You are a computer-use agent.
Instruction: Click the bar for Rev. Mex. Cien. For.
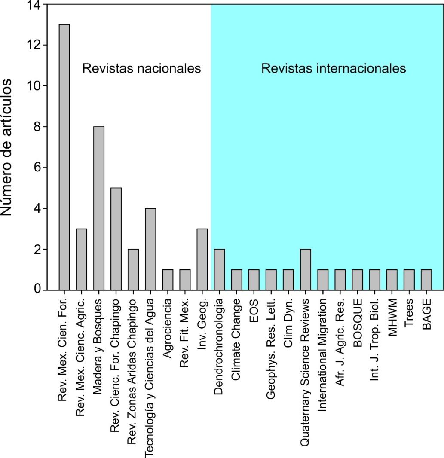(x=64, y=157)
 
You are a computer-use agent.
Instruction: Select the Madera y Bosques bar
(x=98, y=208)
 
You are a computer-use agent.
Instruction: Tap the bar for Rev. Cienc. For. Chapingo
(x=116, y=239)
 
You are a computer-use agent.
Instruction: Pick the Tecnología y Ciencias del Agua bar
(x=150, y=249)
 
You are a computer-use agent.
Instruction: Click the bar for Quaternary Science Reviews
(x=305, y=269)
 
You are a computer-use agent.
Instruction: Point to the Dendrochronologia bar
(x=219, y=269)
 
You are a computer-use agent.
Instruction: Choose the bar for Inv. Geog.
(x=202, y=260)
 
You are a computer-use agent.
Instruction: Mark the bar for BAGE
(x=426, y=280)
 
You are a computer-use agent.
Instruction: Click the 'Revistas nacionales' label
(x=142, y=68)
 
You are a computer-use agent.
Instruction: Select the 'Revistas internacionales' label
(x=334, y=68)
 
